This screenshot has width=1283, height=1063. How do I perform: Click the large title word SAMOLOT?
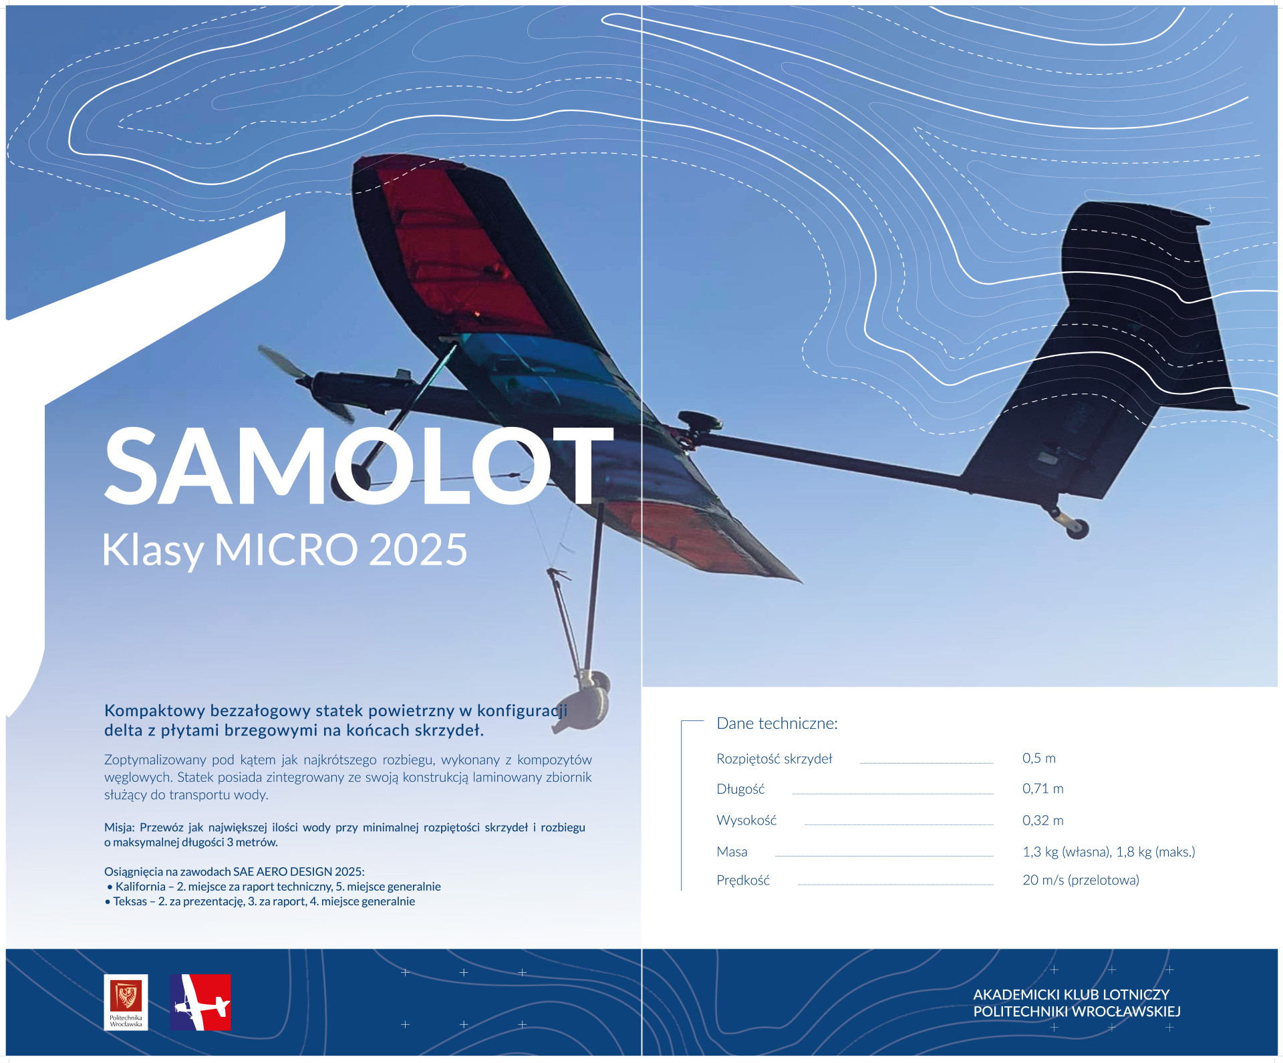[x=359, y=466]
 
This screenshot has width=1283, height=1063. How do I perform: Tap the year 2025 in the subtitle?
[x=418, y=550]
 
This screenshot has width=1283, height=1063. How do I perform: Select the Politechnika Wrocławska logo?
[x=126, y=1002]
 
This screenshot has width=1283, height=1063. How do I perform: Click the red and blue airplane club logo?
[x=200, y=1002]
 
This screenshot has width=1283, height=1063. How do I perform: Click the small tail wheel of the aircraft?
[x=1076, y=528]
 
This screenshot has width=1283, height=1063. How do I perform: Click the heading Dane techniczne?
[x=777, y=723]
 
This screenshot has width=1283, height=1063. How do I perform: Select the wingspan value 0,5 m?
[x=1039, y=758]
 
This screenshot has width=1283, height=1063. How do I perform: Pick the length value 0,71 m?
[x=1043, y=788]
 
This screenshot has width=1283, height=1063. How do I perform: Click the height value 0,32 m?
[x=1043, y=820]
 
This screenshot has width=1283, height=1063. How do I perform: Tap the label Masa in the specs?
[x=732, y=852]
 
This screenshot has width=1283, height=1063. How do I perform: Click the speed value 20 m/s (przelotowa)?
[x=1081, y=880]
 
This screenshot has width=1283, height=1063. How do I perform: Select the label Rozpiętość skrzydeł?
[x=774, y=759]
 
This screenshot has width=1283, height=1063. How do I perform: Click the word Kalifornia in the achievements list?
[x=140, y=887]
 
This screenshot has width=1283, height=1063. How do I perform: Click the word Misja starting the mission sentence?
[x=119, y=828]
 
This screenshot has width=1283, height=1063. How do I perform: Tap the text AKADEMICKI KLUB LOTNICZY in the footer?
[x=1071, y=994]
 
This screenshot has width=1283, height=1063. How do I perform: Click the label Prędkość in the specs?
[x=743, y=881]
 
